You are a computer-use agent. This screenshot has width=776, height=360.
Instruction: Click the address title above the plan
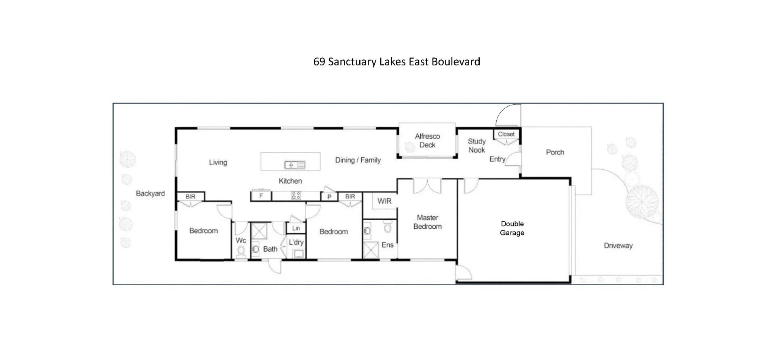coord(396,62)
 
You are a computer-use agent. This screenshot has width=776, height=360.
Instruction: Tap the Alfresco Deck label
coord(427,141)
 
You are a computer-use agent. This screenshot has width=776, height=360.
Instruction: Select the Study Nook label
coord(477,145)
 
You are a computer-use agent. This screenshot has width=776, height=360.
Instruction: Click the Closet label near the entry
coord(506,134)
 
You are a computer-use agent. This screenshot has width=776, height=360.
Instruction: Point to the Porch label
coord(555,152)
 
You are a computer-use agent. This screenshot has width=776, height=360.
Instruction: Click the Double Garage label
coord(512,228)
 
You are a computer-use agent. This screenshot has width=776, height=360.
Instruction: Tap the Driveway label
coord(618,246)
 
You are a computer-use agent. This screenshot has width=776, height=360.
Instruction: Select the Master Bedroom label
coord(427,222)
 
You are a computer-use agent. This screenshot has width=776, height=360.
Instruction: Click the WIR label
coord(384,201)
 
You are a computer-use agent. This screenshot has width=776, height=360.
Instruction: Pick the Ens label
coord(387,245)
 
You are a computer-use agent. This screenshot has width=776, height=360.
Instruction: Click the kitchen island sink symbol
coord(295,165)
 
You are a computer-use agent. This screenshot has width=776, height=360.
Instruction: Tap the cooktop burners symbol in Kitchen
coord(296,196)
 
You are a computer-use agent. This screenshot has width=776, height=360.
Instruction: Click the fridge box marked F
coord(261,196)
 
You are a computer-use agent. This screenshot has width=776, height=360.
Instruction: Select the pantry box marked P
coord(329,197)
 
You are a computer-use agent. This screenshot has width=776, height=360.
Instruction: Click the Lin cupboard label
coord(296,228)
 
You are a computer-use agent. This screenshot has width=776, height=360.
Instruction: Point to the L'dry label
coord(296,242)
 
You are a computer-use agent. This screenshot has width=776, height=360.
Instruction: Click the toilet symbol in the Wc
coord(241,252)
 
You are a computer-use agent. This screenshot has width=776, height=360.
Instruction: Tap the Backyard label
coord(150,194)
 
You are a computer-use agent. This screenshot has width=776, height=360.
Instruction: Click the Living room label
coord(218,162)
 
